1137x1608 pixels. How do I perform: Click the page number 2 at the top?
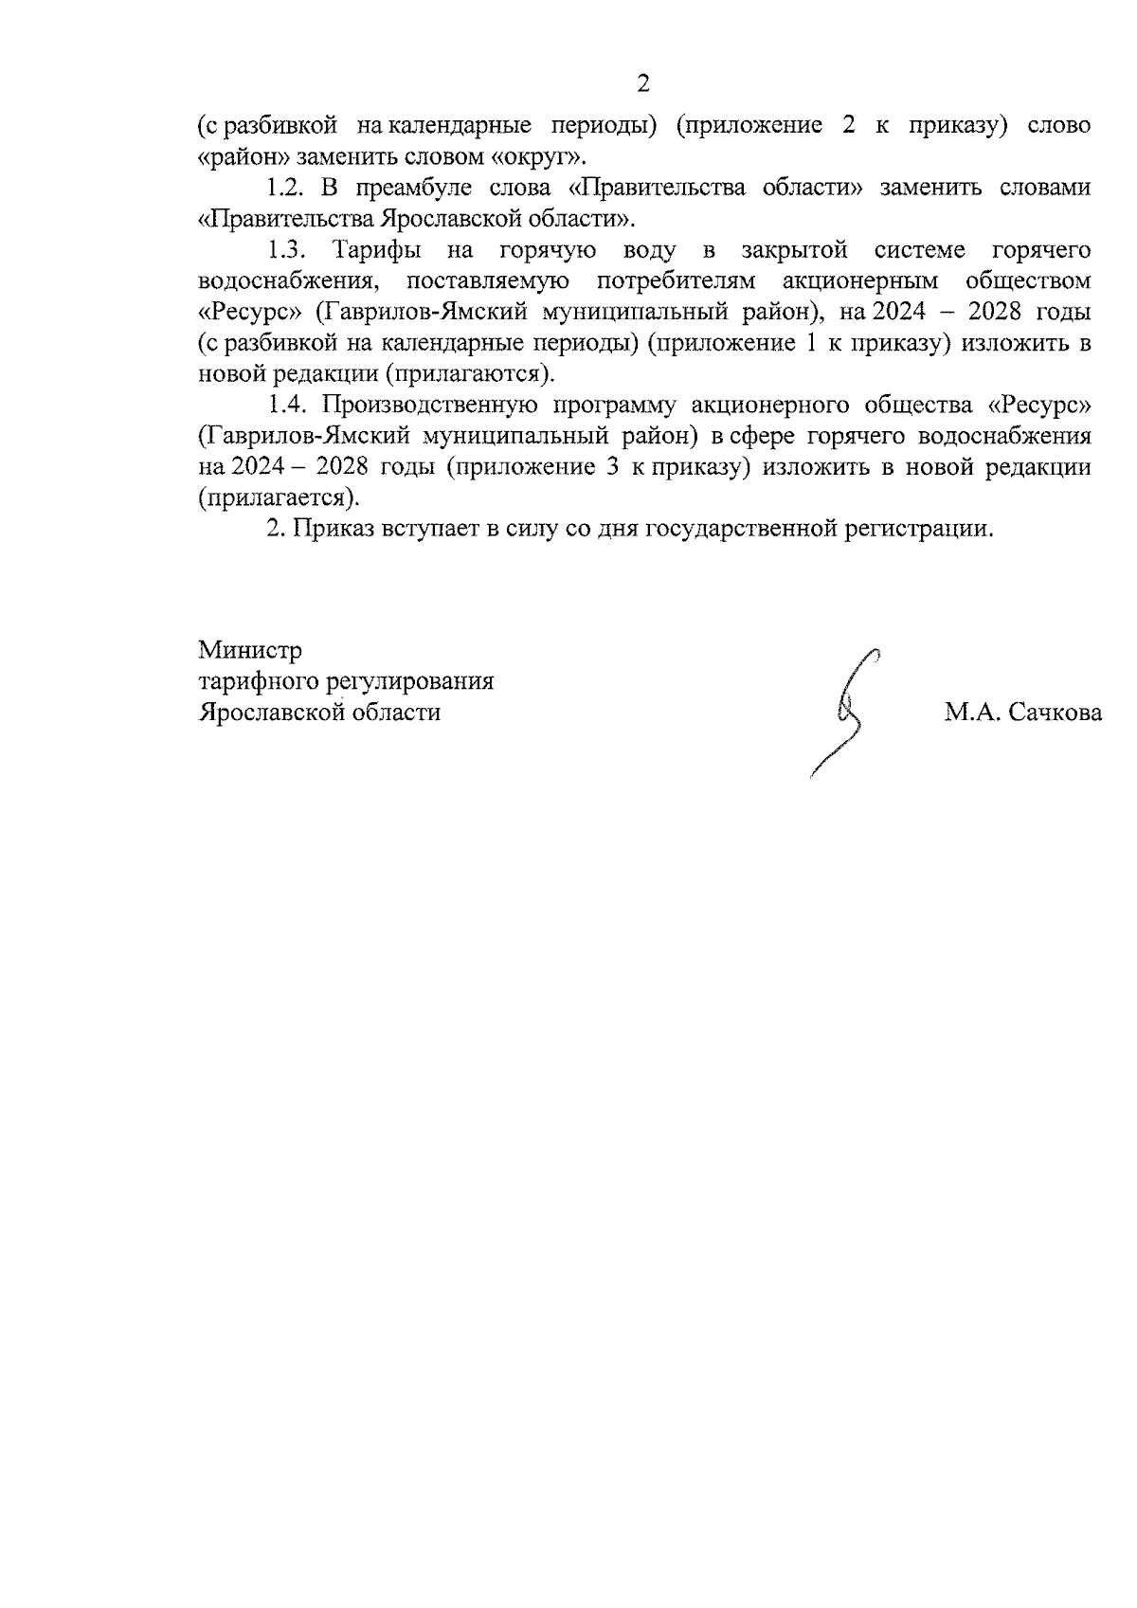click(x=643, y=84)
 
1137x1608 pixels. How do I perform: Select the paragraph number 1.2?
click(x=288, y=189)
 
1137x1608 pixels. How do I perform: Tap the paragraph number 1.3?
click(x=288, y=251)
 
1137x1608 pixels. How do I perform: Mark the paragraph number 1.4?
click(x=288, y=406)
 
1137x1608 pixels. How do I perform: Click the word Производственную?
click(x=430, y=406)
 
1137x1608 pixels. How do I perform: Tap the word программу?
click(x=615, y=406)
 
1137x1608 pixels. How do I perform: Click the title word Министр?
click(x=250, y=651)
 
